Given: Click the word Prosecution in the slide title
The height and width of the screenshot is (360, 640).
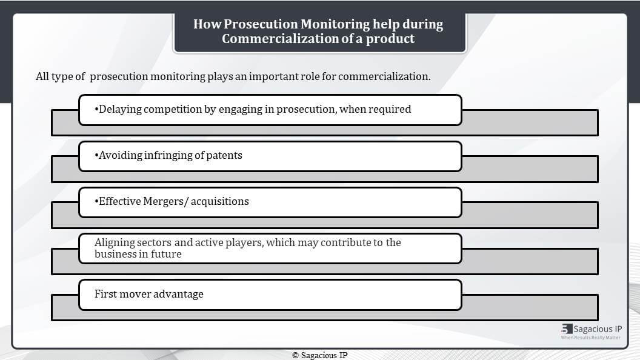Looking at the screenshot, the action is (261, 24).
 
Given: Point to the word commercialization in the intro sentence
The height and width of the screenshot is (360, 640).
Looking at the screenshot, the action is (384, 76).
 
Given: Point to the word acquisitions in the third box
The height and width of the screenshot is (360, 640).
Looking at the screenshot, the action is (219, 202).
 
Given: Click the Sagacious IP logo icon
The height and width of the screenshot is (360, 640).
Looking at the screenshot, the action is (567, 328).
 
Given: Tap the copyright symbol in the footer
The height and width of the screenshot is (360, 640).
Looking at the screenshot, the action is (296, 356).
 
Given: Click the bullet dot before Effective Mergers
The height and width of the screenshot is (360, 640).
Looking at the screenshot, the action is (96, 202).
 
